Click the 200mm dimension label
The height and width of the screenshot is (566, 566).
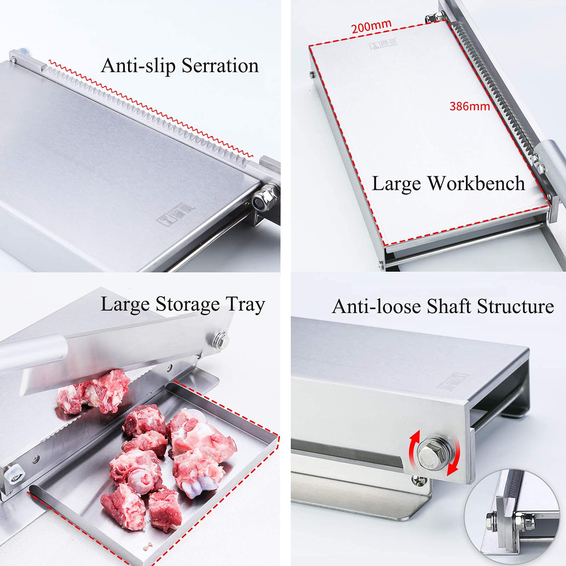point(371,26)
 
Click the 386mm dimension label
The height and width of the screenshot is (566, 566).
point(469,106)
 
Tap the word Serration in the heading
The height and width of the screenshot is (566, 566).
point(220,66)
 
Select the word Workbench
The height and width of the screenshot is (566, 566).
point(476,184)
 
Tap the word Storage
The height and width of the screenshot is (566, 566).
point(188,305)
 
